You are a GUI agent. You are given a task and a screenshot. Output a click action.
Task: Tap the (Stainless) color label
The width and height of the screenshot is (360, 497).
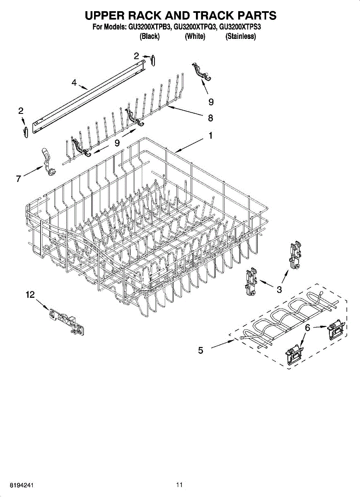240,37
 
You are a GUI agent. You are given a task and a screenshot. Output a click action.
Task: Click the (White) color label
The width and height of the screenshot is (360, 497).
195,37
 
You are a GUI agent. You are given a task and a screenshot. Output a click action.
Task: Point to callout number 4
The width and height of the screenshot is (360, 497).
74,83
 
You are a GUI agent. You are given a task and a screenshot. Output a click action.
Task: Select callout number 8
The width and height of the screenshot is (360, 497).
210,118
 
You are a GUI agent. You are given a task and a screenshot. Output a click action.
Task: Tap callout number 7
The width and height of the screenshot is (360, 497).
18,179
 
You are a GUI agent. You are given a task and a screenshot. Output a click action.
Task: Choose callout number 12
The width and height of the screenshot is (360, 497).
30,294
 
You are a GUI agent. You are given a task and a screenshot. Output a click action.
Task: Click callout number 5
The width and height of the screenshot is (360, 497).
201,350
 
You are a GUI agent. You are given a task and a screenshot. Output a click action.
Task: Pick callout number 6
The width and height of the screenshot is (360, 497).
308,328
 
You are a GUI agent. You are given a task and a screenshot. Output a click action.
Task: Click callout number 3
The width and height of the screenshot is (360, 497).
279,290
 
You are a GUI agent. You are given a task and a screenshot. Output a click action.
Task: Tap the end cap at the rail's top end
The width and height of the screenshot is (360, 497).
153,60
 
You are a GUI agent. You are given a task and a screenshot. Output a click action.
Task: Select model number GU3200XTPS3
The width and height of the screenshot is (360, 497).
240,27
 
